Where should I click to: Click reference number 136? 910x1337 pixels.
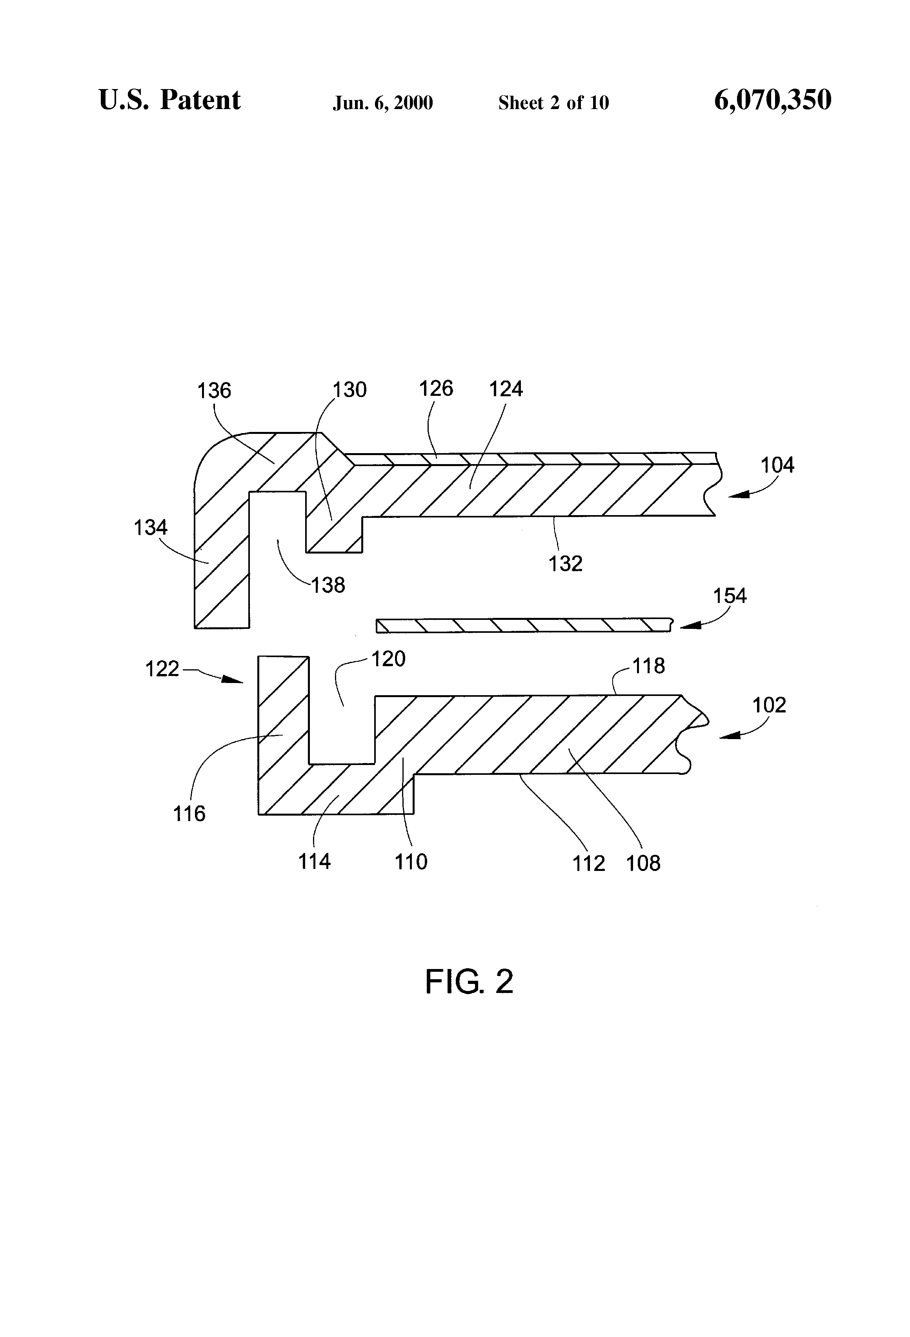tap(214, 391)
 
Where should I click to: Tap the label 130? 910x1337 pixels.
tap(350, 390)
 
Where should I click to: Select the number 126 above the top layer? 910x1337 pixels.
tap(436, 389)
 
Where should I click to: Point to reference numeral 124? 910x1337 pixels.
tap(506, 390)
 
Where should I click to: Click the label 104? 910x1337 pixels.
tap(778, 465)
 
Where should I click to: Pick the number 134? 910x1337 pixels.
tap(151, 528)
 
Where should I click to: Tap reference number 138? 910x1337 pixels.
tap(328, 586)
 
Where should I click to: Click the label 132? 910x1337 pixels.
tap(566, 564)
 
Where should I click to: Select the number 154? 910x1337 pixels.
tap(730, 596)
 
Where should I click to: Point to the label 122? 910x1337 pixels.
tap(162, 668)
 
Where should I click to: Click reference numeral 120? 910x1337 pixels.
tap(389, 659)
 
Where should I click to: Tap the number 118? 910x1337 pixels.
tap(649, 666)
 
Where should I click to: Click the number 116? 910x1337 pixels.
tap(189, 814)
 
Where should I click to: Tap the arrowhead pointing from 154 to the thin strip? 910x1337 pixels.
tap(690, 625)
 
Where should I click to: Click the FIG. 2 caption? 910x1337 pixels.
tap(469, 982)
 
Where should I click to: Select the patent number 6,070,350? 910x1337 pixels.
tap(773, 100)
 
